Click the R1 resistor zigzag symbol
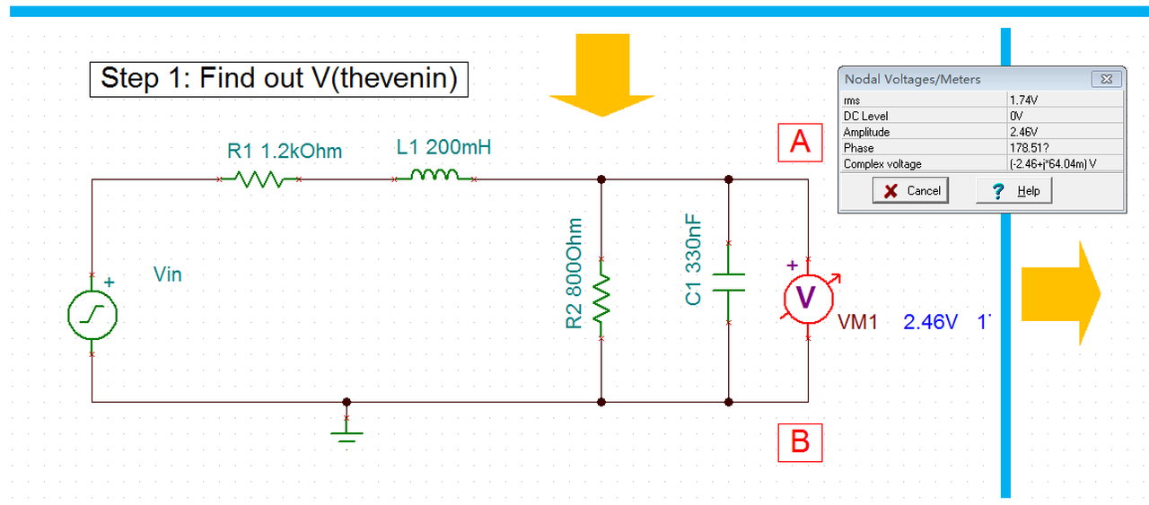click(259, 180)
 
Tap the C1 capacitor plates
click(728, 282)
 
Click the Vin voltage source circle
click(92, 315)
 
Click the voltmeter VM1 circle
click(806, 299)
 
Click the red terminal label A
click(800, 142)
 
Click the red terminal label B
click(800, 441)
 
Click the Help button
click(1015, 190)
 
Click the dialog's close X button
click(1106, 79)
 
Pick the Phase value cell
click(1064, 148)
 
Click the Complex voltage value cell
click(1064, 164)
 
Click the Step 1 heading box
click(278, 79)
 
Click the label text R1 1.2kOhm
click(285, 151)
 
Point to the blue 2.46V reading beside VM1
click(931, 322)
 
